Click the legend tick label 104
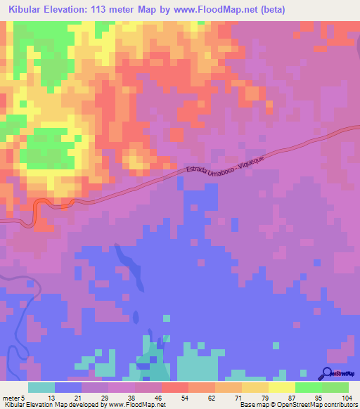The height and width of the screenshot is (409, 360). pos(347,397)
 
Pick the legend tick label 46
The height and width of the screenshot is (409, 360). pos(161,397)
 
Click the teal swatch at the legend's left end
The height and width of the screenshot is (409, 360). pos(41,387)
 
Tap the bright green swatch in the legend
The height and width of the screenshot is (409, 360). pos(308,387)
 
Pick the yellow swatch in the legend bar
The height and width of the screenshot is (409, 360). pos(281,387)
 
